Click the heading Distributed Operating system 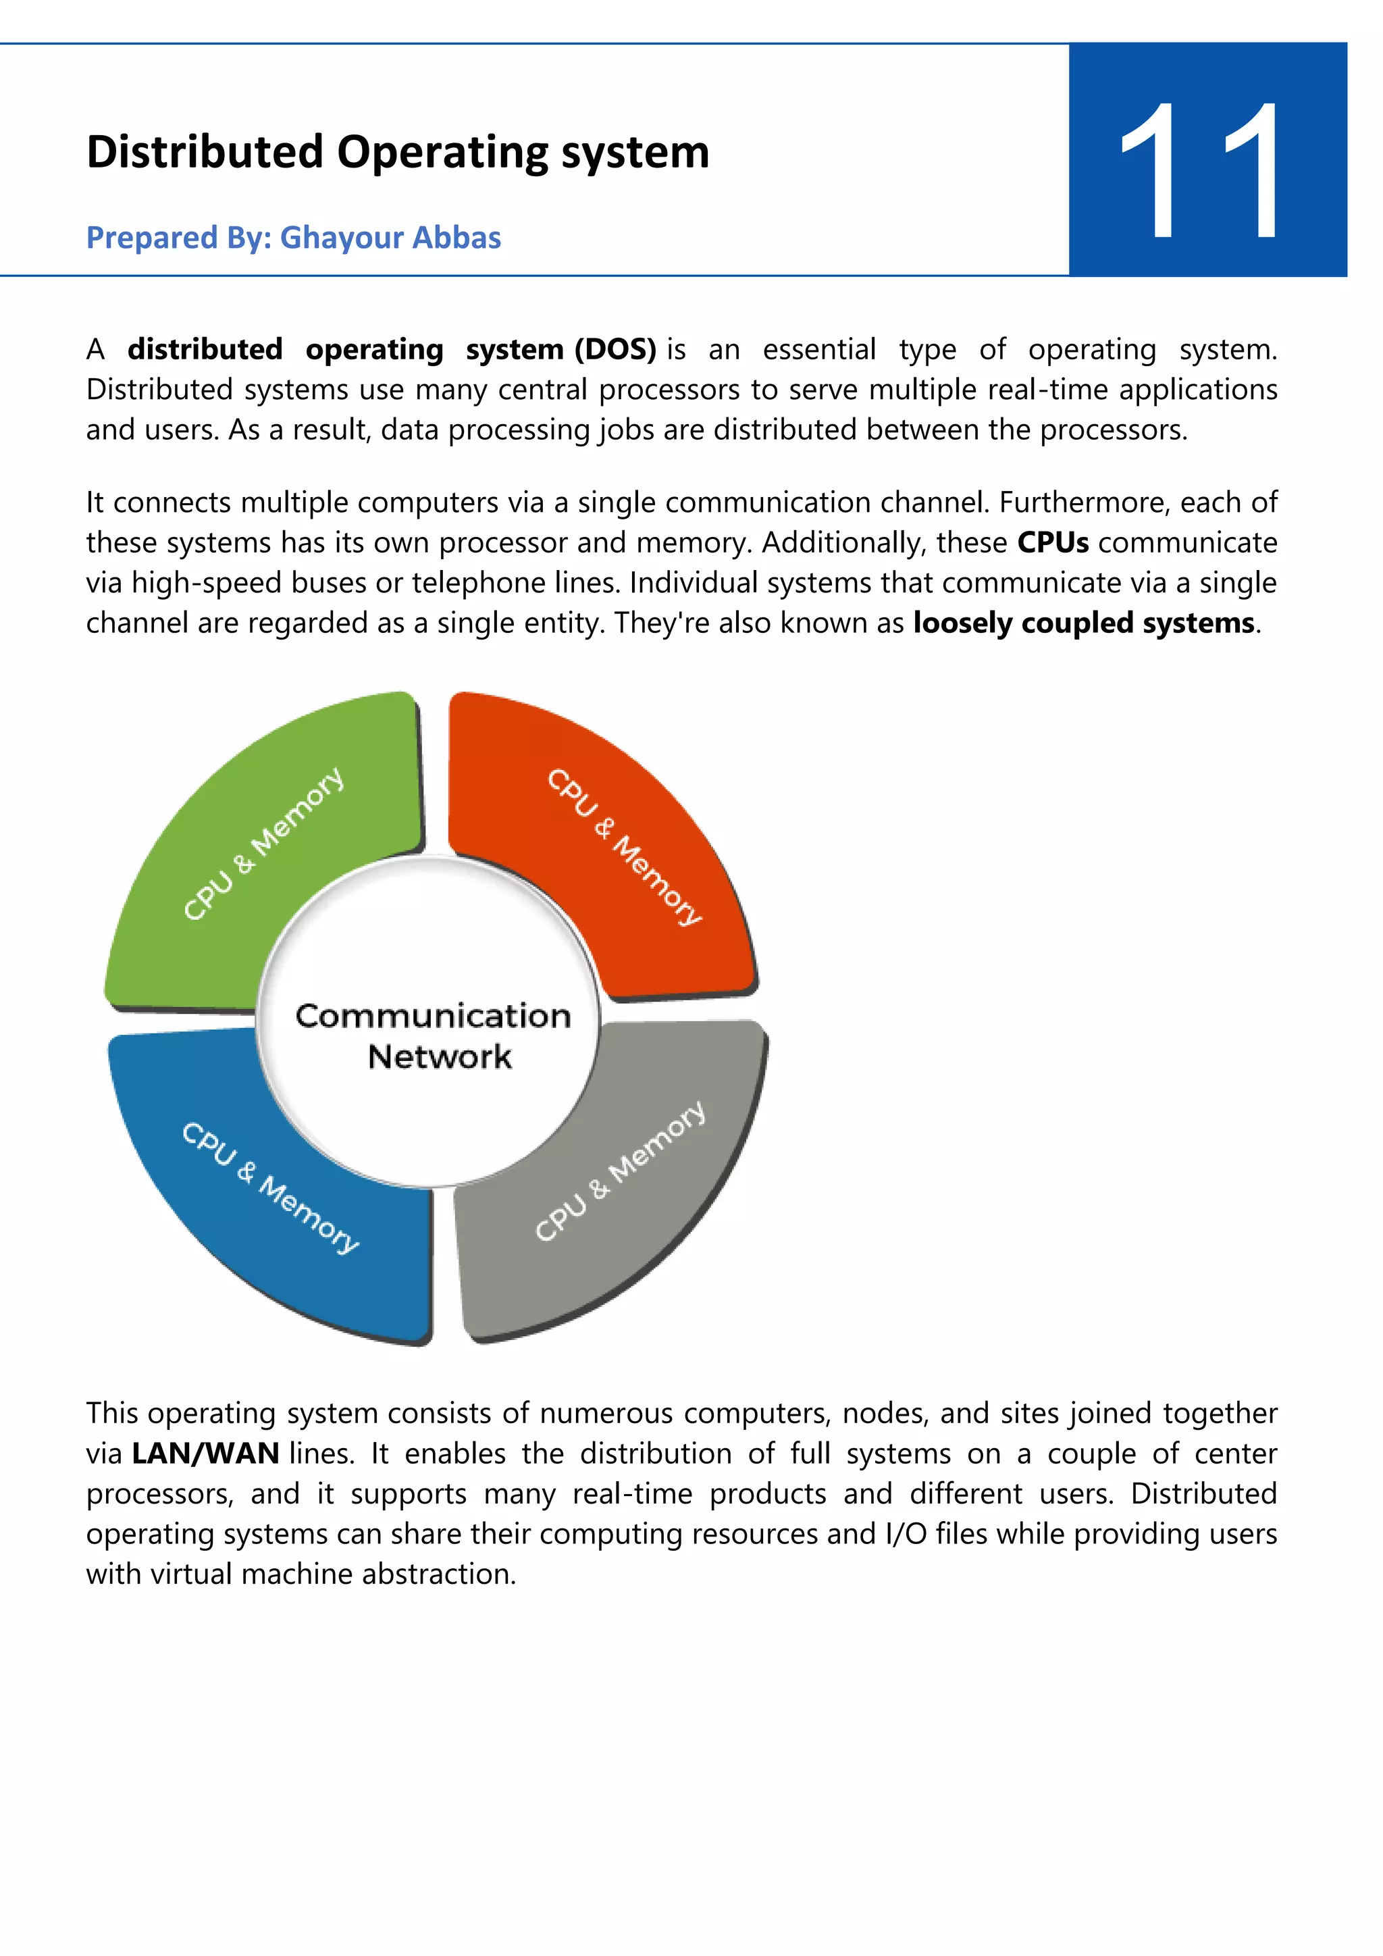[398, 153]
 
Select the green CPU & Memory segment [264, 844]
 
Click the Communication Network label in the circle [434, 1035]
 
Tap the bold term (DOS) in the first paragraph [616, 349]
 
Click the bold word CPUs [1053, 542]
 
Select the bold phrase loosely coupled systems [1083, 623]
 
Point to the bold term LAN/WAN [206, 1453]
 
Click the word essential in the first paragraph [818, 349]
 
